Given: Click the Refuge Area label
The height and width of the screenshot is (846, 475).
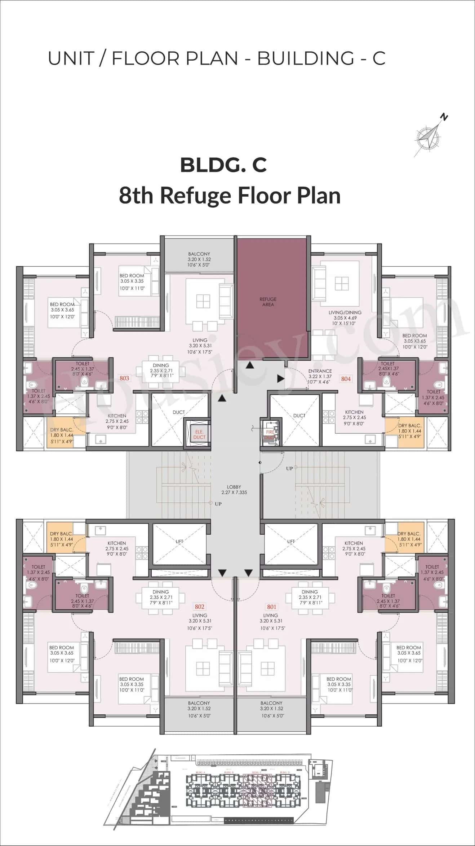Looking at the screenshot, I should point(268,302).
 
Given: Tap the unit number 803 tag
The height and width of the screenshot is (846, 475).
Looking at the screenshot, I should point(124,378).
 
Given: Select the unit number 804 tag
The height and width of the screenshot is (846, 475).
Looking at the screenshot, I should point(346,378).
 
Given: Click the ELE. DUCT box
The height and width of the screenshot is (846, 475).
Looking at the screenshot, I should point(199,434).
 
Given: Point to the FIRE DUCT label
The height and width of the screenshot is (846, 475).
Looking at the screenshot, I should point(270,434).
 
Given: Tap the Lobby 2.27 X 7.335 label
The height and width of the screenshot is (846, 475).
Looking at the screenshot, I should point(234,490).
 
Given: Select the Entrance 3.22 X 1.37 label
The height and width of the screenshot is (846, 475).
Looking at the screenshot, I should point(320,376).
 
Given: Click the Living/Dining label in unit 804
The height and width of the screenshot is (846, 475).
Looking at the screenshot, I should point(345,318).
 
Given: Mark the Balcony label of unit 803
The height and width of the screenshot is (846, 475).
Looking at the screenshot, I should point(199,259).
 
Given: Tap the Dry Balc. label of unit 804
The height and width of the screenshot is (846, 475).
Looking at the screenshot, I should point(409,431).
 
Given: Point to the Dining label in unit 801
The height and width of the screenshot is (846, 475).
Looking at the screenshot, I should point(310,597).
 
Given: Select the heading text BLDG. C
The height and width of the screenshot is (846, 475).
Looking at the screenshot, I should point(223,165).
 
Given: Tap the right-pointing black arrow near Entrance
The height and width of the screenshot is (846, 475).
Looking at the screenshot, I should point(280,378).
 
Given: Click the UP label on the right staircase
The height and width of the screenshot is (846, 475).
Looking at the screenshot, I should point(289,468).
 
